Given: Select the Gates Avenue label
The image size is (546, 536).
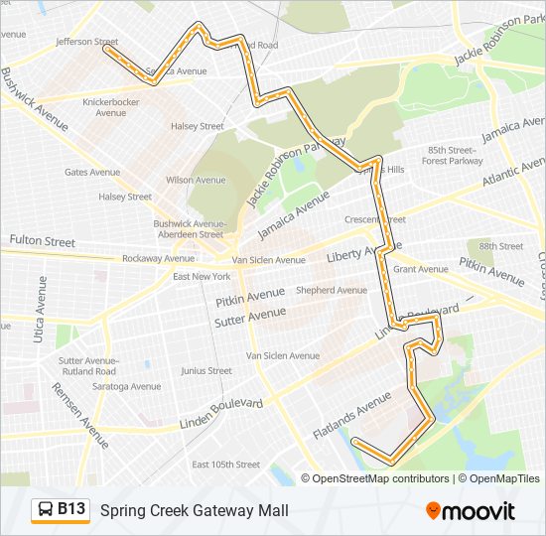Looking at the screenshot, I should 92,172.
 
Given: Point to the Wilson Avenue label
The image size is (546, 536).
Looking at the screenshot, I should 196,181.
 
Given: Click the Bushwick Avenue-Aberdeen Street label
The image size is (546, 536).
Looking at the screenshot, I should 189,229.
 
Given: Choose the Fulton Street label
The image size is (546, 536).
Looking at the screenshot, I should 42,241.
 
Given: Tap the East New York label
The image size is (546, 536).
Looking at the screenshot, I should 202,276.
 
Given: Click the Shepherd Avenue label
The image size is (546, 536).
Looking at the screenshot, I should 332,291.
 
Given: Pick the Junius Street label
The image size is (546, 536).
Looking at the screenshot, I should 206,371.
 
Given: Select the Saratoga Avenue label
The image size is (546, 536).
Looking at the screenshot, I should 126,386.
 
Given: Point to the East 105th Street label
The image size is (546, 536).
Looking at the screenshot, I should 225,465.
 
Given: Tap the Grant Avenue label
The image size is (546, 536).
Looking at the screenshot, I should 421,269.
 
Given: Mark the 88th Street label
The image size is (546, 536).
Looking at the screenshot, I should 500,246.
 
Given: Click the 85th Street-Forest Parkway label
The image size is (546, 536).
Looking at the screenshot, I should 453,155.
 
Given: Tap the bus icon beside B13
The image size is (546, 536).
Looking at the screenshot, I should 46,510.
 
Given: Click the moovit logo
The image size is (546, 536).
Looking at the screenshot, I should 471,511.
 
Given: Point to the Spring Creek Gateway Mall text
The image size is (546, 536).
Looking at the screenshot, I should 195,510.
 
